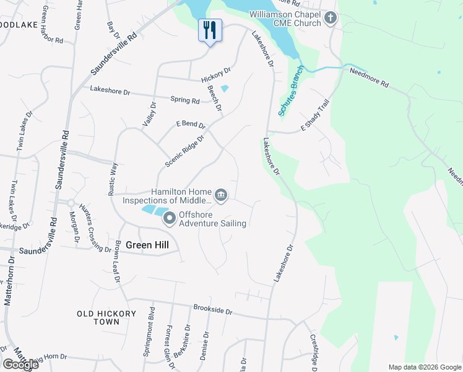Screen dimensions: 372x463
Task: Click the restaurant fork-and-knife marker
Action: point(210,29)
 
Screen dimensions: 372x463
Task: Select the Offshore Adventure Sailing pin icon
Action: point(169,218)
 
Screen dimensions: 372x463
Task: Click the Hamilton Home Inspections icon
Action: point(222,196)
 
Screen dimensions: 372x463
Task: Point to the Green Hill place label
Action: point(147,245)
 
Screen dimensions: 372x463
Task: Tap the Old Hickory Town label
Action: point(106,317)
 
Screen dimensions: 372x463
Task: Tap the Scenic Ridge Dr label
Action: point(184,152)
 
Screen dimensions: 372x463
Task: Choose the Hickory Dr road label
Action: point(215,75)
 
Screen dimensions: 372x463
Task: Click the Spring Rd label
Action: point(186,100)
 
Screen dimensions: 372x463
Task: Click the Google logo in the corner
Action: point(20,365)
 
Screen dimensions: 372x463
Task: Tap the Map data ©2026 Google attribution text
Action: point(424,367)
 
